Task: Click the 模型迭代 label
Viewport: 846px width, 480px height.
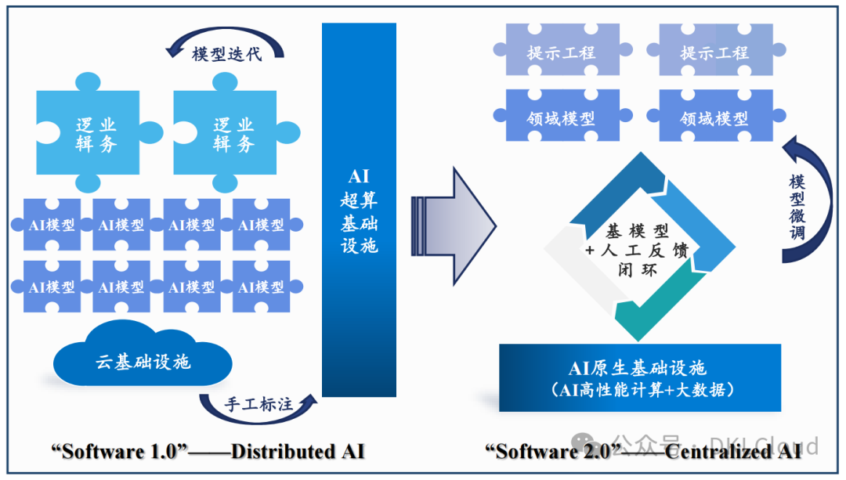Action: [226, 55]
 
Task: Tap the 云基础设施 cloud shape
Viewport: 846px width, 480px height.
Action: [143, 361]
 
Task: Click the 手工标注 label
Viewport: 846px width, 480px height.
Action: [258, 404]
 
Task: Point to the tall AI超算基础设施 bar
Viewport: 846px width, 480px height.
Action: [359, 210]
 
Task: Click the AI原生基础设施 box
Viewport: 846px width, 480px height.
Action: [639, 377]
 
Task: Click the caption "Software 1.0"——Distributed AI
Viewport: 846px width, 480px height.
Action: [208, 451]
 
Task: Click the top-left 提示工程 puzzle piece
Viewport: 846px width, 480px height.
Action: [561, 52]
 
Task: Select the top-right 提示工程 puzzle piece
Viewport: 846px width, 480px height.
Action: [714, 52]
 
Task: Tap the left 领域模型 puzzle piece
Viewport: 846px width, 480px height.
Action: [561, 119]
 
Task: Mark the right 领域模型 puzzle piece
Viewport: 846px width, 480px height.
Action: [714, 119]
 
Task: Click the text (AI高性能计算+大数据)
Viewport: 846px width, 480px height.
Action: [639, 389]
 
